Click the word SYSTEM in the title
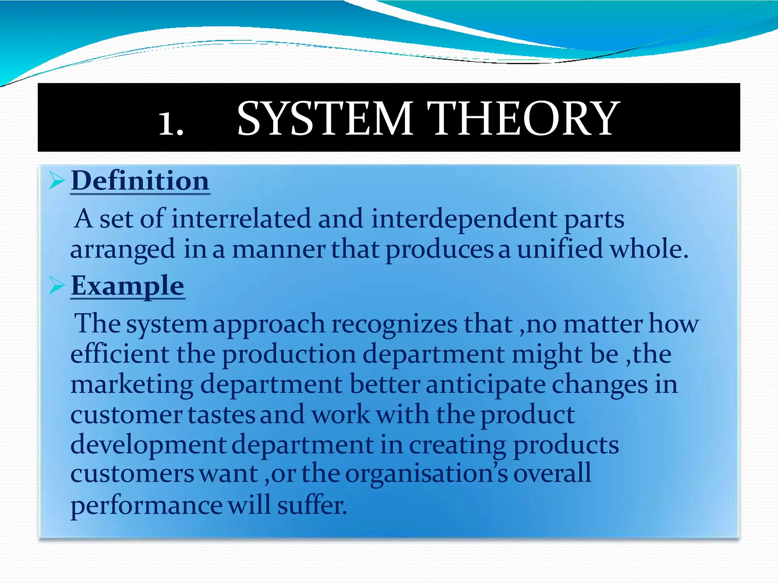[325, 118]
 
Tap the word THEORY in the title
[523, 118]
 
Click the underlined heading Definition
[140, 181]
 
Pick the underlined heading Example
[128, 285]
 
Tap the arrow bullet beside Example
[57, 285]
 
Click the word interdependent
[464, 219]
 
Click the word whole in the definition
[648, 249]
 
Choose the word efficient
[120, 354]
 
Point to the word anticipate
[485, 384]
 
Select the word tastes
[221, 414]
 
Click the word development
[148, 445]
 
